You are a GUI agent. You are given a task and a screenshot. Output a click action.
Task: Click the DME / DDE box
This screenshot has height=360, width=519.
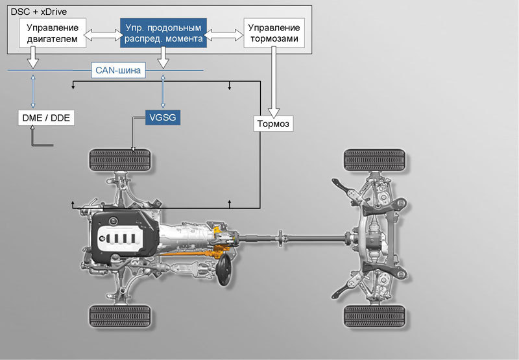click(46, 118)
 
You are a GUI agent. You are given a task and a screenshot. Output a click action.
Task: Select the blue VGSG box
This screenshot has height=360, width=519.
click(163, 117)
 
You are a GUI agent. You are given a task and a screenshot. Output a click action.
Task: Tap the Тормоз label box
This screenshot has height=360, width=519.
click(273, 124)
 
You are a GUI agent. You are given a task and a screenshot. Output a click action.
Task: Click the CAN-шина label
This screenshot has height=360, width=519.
click(118, 70)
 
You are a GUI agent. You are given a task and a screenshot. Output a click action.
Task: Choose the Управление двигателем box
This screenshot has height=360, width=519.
click(53, 33)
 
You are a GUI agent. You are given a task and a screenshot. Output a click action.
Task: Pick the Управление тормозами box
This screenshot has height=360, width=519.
click(274, 33)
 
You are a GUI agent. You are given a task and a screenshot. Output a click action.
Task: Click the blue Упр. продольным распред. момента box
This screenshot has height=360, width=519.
click(163, 33)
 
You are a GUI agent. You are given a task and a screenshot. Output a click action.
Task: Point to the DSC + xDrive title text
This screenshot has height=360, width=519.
click(39, 12)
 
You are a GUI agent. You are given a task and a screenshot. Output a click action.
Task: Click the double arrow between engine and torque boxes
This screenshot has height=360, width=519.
click(103, 34)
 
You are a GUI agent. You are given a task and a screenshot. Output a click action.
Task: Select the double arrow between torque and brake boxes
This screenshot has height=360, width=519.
click(224, 34)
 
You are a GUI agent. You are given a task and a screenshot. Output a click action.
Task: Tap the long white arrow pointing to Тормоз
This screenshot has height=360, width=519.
click(274, 82)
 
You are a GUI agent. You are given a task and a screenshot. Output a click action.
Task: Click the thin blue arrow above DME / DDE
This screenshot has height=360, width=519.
click(33, 91)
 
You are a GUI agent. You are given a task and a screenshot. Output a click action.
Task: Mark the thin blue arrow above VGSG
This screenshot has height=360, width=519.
click(163, 91)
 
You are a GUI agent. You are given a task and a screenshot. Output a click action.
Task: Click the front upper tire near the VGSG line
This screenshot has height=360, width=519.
click(120, 160)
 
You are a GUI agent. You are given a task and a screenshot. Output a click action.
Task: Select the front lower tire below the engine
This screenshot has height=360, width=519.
click(120, 317)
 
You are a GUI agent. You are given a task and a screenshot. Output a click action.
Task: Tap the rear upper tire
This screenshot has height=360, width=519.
click(374, 160)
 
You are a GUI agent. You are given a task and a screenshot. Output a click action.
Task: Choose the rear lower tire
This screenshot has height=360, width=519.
click(374, 317)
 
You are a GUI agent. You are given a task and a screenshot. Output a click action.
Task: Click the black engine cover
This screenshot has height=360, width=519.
click(124, 237)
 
